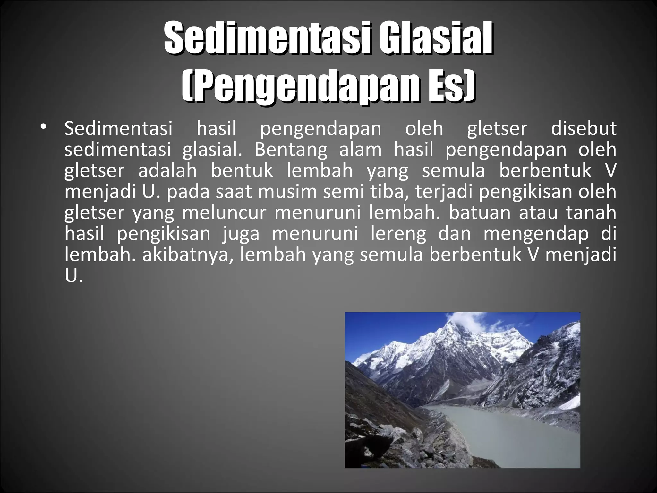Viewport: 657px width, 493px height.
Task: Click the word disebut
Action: pos(584,128)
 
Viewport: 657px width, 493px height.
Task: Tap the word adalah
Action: pos(167,170)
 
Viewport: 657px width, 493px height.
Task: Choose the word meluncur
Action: pos(224,213)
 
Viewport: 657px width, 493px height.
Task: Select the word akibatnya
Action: pos(187,255)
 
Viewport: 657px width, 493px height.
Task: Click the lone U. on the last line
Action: pos(73,276)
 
